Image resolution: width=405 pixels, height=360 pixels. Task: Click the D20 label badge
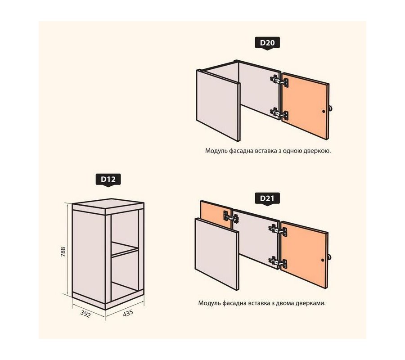(267, 43)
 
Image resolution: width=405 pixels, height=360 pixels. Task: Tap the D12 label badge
(108, 180)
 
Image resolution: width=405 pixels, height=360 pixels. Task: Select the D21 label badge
(267, 198)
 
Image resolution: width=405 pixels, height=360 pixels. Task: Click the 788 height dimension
(63, 252)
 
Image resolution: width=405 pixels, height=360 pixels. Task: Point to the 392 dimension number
(85, 314)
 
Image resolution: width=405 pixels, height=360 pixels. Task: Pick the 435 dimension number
(128, 313)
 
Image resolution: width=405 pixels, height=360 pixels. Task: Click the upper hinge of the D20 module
(279, 81)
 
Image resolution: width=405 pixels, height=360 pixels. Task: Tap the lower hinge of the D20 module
(279, 114)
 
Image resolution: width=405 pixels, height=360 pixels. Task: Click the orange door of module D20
(305, 106)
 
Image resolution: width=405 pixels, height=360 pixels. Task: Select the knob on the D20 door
(330, 108)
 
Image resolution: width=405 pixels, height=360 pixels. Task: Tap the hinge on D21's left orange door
(231, 217)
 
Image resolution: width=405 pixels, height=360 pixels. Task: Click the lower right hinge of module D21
(278, 262)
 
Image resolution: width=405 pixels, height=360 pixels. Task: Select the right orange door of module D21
(304, 255)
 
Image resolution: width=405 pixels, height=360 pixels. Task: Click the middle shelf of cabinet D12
(125, 249)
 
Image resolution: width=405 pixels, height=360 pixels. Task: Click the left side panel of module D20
(218, 105)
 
